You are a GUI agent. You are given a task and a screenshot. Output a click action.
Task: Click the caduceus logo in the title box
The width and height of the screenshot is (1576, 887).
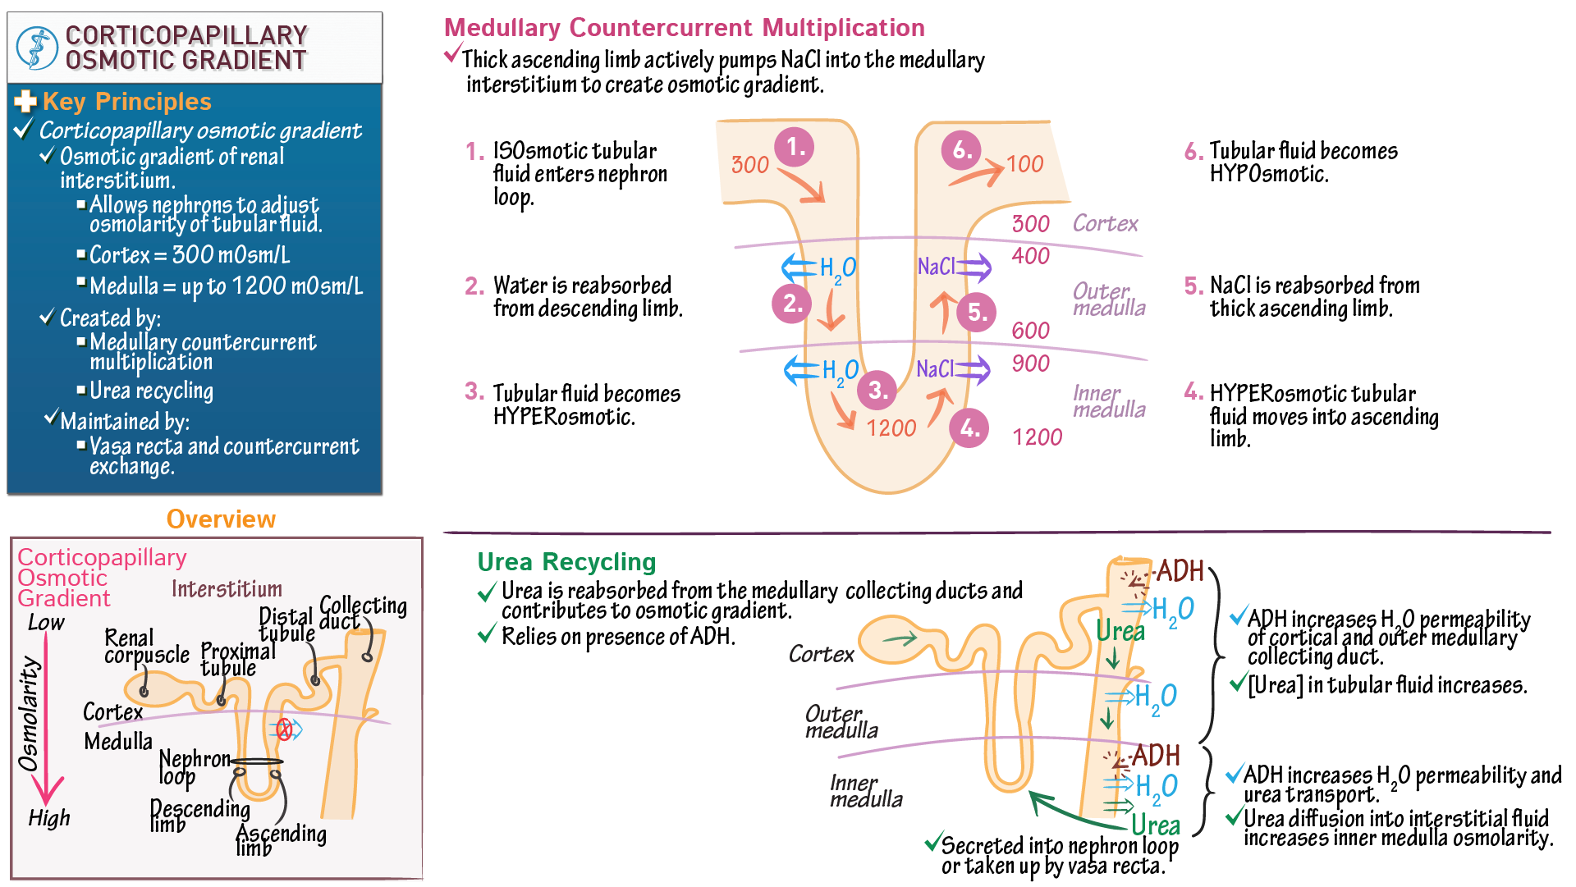coord(36,48)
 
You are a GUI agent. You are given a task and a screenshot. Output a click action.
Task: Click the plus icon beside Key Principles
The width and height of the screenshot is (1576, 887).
coord(25,101)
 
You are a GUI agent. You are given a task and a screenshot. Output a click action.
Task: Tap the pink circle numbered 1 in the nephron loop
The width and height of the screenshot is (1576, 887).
coord(795,147)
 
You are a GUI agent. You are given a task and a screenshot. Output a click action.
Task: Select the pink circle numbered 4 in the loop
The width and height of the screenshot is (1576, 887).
coord(969,427)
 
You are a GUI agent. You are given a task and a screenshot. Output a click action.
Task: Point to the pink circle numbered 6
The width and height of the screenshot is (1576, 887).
coord(961,149)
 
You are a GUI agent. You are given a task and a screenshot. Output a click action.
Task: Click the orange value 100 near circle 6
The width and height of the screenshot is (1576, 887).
coord(1024,164)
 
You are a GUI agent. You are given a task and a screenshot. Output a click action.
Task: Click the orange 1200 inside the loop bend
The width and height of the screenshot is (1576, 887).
coord(891,427)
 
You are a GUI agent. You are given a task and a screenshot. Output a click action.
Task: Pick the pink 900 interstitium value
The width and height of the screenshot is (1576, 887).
coord(1030,363)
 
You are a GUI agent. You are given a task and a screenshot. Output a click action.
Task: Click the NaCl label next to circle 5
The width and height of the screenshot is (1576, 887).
coord(936,267)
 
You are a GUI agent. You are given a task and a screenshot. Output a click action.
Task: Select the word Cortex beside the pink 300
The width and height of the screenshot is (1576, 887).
coord(1105,223)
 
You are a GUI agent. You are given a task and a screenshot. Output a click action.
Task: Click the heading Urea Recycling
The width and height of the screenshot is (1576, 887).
coord(566,562)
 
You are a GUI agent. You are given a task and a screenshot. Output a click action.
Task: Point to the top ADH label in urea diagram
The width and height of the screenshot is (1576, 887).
coord(1180,570)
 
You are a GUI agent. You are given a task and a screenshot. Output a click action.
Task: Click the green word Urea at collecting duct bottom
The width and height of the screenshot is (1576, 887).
coord(1155,825)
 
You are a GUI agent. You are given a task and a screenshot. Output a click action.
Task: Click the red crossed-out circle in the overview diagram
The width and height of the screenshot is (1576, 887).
coord(284,729)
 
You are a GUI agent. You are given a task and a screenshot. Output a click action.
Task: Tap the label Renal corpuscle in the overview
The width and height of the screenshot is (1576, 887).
coord(145,646)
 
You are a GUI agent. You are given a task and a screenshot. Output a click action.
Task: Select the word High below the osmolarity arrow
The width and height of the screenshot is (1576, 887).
coord(48,818)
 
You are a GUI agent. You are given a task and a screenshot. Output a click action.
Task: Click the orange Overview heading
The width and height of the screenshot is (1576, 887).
coord(221,519)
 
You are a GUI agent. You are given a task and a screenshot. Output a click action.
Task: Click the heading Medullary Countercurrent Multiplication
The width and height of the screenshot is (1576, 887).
coord(684,28)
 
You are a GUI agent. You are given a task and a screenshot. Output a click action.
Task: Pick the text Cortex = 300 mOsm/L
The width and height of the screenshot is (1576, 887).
coord(190,255)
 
